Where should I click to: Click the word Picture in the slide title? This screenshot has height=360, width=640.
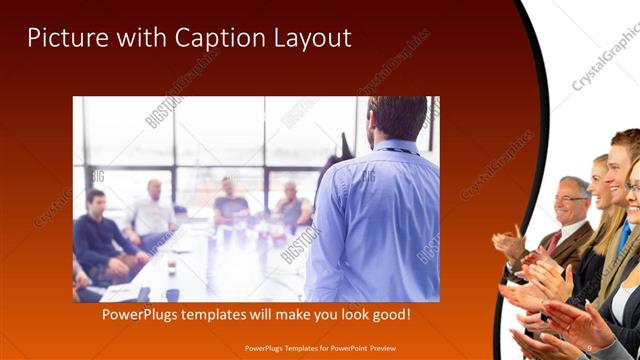[61, 38]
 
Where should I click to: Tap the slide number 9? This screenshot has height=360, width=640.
[591, 347]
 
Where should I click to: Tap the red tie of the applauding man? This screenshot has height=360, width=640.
[553, 241]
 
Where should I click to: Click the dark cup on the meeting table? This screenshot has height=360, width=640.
[172, 267]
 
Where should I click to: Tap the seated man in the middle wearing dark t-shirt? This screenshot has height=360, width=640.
[230, 205]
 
